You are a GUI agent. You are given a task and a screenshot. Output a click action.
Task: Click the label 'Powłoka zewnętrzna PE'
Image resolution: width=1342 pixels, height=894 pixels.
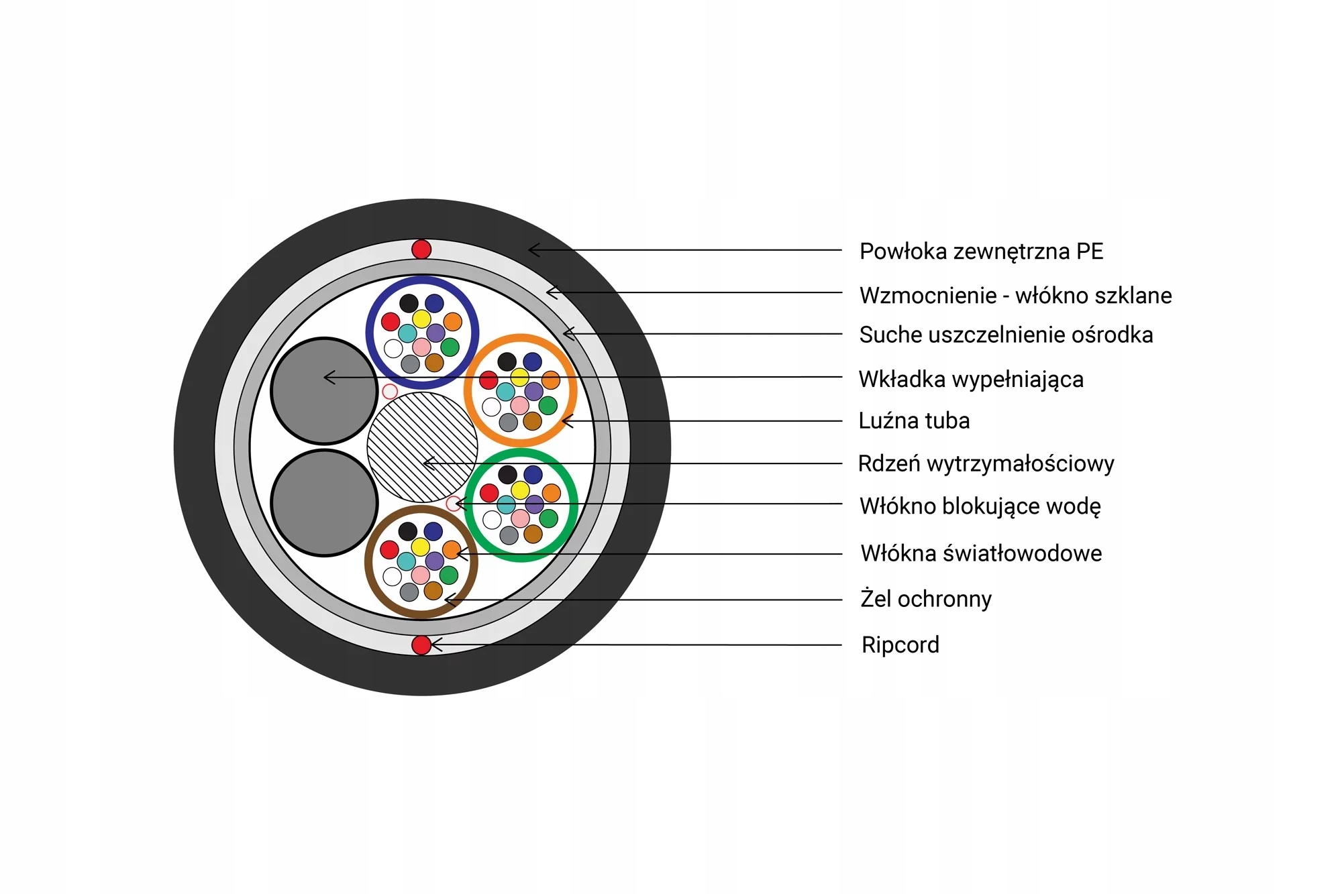click(x=981, y=252)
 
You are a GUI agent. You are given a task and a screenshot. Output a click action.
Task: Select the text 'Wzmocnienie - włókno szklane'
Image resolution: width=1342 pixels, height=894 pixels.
click(x=1015, y=295)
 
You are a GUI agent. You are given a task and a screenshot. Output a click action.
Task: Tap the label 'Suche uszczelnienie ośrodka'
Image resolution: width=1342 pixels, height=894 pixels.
click(x=1006, y=335)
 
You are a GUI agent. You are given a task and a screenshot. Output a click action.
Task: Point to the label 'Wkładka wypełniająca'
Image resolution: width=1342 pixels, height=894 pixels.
click(x=970, y=379)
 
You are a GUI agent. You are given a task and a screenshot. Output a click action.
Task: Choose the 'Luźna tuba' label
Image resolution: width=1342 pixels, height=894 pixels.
click(x=914, y=421)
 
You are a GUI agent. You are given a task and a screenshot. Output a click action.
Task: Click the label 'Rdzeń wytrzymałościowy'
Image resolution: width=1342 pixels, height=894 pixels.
click(x=986, y=463)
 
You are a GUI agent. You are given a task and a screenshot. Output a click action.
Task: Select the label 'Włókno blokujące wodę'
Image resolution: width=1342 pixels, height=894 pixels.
click(x=980, y=506)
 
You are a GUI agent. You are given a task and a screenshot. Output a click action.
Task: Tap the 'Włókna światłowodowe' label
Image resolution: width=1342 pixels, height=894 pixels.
click(x=981, y=553)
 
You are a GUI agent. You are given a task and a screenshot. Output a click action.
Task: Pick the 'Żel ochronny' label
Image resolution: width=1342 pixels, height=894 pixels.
click(x=925, y=598)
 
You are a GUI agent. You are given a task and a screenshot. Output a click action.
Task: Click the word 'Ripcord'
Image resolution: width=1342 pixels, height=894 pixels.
click(x=900, y=645)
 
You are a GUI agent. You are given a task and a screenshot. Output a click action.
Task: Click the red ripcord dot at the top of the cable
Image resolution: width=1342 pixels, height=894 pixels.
click(x=421, y=249)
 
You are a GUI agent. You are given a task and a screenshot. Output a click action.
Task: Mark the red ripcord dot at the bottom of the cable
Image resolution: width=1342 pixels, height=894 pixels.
click(x=421, y=645)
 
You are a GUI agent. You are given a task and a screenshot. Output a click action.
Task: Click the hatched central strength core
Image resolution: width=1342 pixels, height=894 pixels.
click(x=422, y=447)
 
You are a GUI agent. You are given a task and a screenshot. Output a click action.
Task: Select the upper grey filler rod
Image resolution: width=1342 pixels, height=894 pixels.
click(x=324, y=391)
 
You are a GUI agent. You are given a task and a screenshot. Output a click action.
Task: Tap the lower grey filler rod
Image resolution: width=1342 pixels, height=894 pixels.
click(x=324, y=503)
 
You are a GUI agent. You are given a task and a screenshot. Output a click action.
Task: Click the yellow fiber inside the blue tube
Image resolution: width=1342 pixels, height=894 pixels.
click(x=421, y=319)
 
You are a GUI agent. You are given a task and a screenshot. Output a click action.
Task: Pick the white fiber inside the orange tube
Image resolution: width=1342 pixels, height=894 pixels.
click(x=492, y=406)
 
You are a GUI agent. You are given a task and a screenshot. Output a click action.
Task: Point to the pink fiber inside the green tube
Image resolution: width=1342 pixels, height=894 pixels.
click(x=520, y=518)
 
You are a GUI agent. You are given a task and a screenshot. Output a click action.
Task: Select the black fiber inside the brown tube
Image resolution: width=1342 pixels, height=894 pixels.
click(x=407, y=531)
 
